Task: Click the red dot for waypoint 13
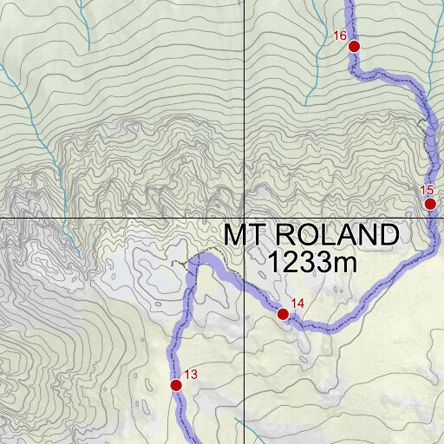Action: (x=175, y=384)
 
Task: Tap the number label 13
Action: (x=192, y=375)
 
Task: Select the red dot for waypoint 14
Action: (x=282, y=314)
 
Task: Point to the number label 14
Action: (x=297, y=304)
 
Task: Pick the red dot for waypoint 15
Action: (x=430, y=204)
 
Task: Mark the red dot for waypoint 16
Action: (x=354, y=46)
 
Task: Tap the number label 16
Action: (x=340, y=36)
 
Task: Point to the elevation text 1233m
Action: (x=312, y=262)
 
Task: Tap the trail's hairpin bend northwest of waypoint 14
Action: (x=196, y=263)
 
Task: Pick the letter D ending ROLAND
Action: (x=388, y=236)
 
